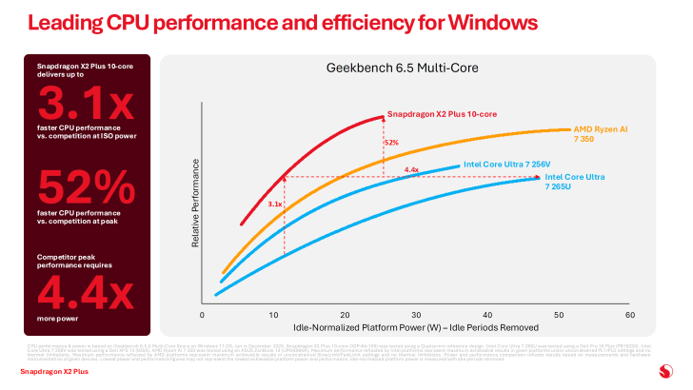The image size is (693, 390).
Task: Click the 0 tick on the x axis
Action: [x=203, y=314]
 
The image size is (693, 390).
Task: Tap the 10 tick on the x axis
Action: [x=273, y=314]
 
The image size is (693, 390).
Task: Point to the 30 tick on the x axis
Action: [x=416, y=314]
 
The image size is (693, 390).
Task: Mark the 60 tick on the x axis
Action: [x=629, y=314]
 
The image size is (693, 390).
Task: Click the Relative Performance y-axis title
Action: [x=195, y=205]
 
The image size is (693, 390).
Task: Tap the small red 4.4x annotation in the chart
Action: [x=411, y=170]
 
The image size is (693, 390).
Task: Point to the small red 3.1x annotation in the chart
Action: [x=275, y=204]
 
